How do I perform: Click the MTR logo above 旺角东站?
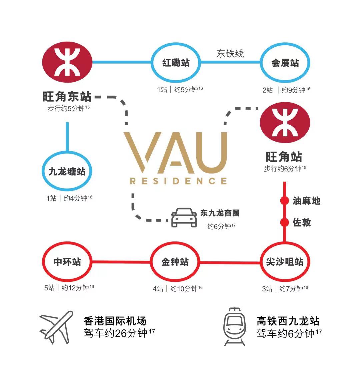tap(67, 62)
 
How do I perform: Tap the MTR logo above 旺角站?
tap(285, 123)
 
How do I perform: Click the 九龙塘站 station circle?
tap(67, 152)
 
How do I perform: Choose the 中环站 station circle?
tap(67, 242)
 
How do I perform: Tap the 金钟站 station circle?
tap(175, 242)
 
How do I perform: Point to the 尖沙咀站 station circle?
tap(285, 242)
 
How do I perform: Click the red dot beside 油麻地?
tap(285, 200)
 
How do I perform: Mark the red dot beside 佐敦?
tap(285, 222)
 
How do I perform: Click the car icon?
tap(184, 217)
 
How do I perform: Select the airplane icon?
tap(56, 327)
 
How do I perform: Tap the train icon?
tap(235, 327)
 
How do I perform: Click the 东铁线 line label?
tap(230, 54)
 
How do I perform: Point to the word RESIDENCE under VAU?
tap(178, 181)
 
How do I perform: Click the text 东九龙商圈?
tap(220, 213)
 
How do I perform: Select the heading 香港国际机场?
tap(115, 321)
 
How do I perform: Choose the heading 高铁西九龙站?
tap(288, 321)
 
